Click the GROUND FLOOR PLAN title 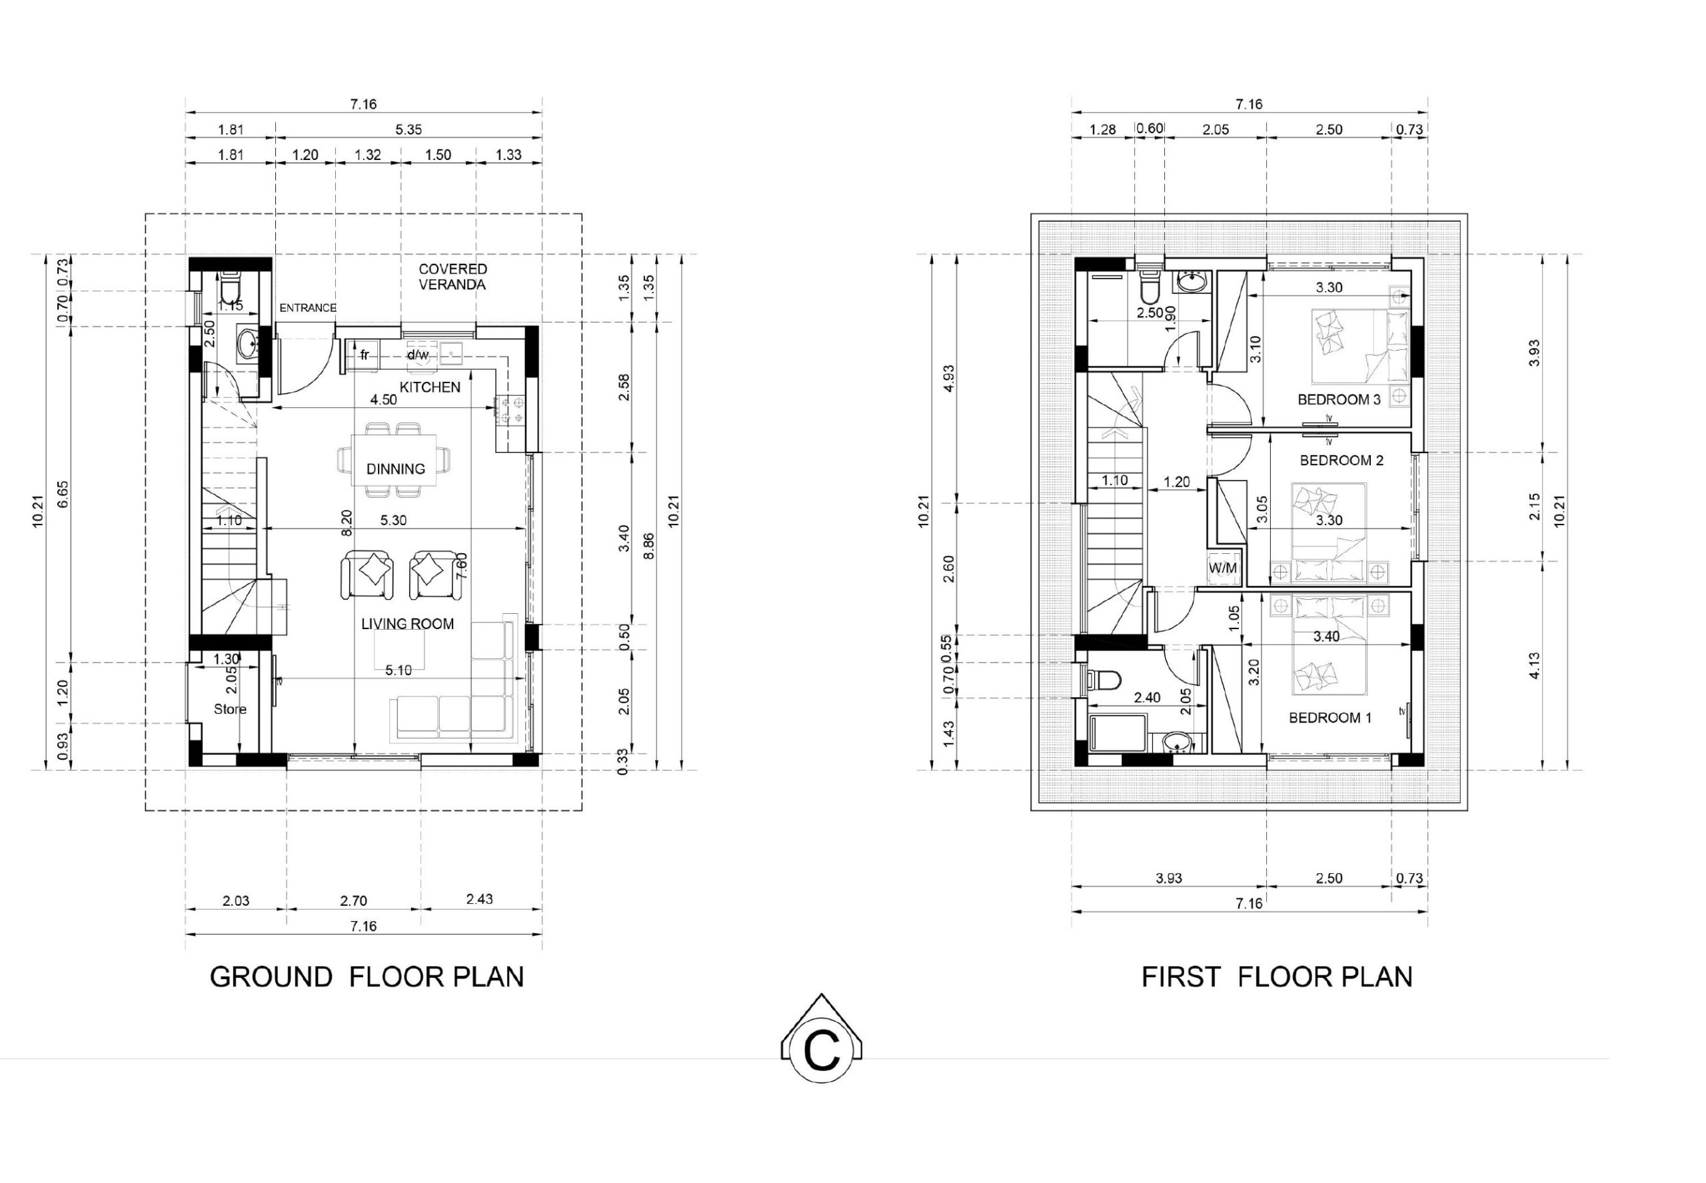(367, 977)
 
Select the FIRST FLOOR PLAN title (1277, 977)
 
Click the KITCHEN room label (430, 387)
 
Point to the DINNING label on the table (396, 469)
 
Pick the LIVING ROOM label (408, 624)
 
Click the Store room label (230, 709)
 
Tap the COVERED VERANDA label (452, 277)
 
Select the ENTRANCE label (308, 308)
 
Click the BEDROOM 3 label (1339, 399)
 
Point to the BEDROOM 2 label (1341, 461)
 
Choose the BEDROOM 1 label (1330, 718)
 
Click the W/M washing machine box (1223, 569)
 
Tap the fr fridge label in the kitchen (365, 355)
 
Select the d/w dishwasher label (418, 355)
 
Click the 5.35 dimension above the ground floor (409, 130)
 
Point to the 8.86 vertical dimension (649, 546)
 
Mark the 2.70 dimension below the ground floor (353, 901)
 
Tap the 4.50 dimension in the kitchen (383, 399)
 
